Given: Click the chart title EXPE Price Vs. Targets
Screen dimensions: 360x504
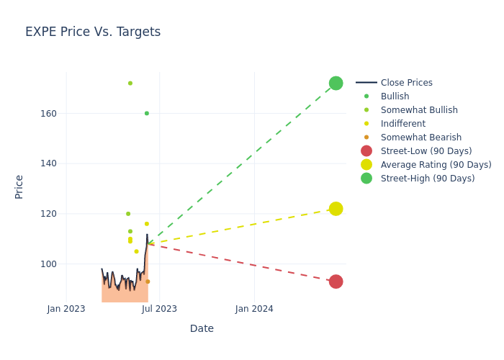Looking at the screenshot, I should click(93, 32).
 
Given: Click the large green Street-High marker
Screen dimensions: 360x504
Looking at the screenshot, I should click(336, 84).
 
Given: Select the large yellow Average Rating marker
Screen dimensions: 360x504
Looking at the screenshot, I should click(336, 209).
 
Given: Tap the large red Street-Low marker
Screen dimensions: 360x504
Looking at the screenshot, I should click(336, 282).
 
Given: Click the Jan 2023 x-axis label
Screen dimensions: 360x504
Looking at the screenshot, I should click(66, 309).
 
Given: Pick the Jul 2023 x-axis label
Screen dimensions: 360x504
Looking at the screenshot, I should click(159, 309).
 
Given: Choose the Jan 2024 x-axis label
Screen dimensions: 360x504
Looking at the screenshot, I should click(254, 309).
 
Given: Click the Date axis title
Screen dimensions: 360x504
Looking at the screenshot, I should click(202, 329).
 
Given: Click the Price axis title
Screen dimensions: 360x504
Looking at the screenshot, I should click(19, 186).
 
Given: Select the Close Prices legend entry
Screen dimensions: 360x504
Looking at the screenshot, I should click(406, 83).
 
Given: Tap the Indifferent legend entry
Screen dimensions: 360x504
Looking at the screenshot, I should click(402, 124).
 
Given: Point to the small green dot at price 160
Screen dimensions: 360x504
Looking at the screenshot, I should click(147, 113).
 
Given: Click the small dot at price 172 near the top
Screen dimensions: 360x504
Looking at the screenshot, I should click(130, 84).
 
